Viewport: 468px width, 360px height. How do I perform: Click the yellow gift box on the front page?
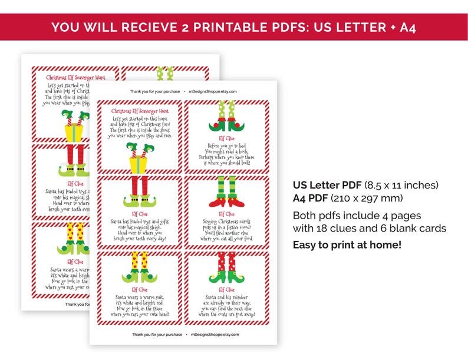137,161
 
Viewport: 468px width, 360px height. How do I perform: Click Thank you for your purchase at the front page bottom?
156,334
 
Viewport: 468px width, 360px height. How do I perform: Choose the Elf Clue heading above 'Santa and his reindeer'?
226,290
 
